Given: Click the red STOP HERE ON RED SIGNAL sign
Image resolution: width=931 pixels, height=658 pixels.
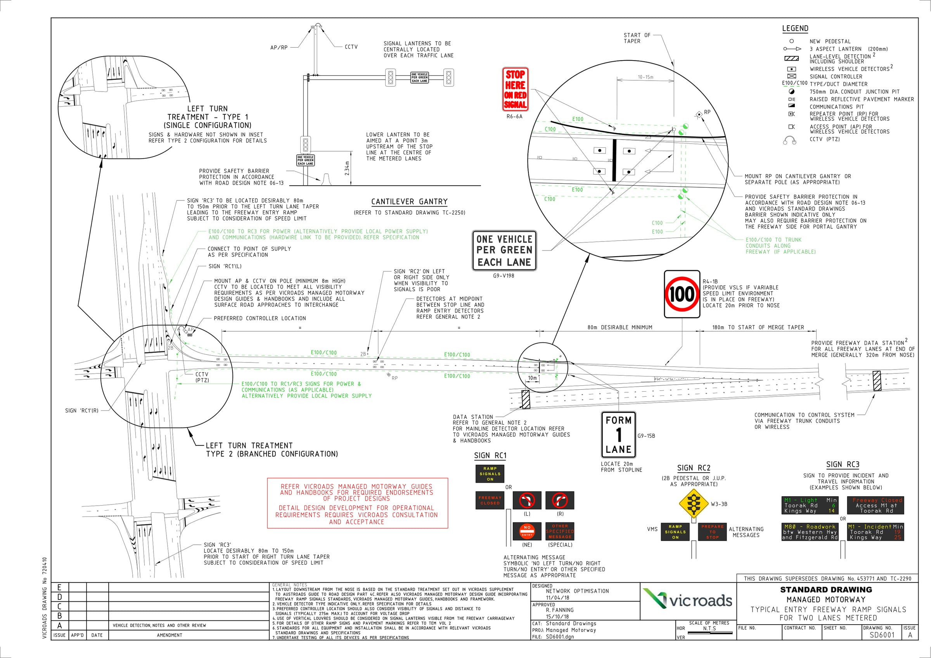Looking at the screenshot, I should coord(515,89).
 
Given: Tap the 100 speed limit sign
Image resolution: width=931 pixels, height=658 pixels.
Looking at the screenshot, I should coord(682,294).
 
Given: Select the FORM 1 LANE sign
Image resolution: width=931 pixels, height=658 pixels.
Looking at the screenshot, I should coord(618,435).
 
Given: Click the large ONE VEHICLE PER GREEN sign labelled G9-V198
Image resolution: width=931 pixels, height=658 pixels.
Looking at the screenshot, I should coord(504,250).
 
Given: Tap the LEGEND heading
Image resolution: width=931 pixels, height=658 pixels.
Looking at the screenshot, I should coord(795,28).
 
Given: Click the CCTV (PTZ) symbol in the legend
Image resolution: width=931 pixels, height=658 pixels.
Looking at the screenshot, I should coord(790,140).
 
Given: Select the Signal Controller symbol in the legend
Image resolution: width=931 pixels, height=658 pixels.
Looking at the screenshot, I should coord(791,76).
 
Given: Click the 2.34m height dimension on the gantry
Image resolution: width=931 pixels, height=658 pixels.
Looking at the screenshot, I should coord(347,168).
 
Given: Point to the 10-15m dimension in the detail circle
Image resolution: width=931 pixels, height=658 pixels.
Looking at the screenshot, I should coord(645,77).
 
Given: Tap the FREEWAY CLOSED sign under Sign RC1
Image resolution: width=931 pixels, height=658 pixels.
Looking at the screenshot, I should coord(490,500).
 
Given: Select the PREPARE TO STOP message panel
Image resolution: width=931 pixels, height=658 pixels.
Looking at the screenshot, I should coord(712,532).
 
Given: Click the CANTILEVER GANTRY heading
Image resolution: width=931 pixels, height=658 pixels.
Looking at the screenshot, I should coord(410,202).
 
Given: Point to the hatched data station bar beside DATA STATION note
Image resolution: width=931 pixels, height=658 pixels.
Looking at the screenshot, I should coord(526,399).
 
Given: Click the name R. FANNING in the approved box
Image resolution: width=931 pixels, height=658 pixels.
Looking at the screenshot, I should coord(560,610).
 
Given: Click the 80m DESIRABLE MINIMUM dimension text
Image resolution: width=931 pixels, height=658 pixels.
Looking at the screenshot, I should coord(620,327).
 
